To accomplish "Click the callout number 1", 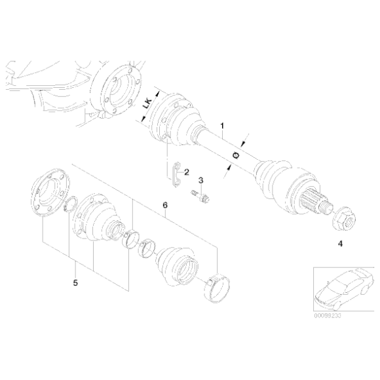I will click(222, 124).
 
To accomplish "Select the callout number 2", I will click(186, 172).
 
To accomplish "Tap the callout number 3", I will click(201, 180).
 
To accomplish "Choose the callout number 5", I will click(76, 282).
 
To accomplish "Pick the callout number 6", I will click(165, 206).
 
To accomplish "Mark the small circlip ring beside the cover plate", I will click(74, 205).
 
